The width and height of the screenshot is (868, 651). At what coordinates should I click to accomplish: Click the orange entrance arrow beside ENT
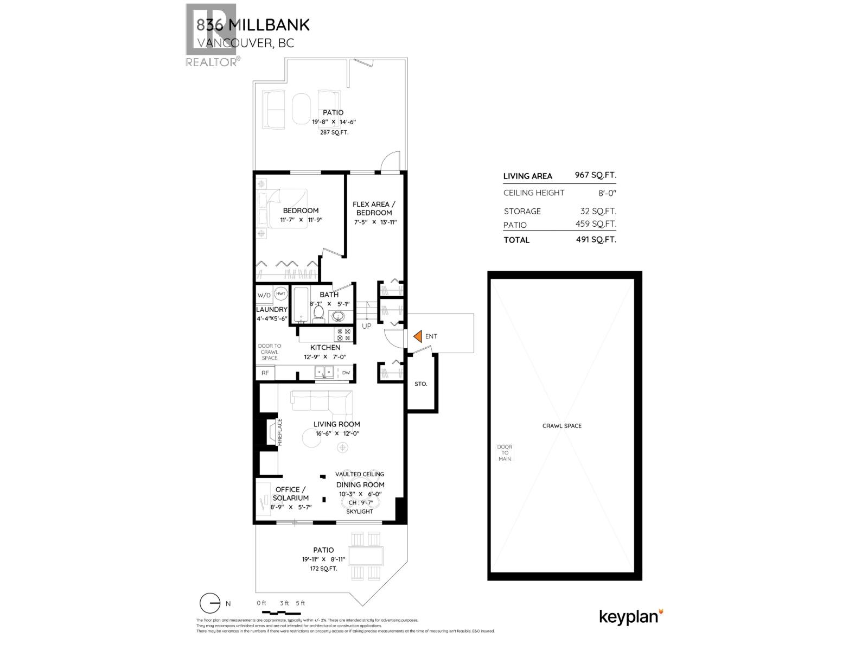[x=418, y=336]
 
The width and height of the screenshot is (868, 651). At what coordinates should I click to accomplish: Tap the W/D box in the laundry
[x=264, y=296]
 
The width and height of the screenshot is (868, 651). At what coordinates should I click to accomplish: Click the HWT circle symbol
[x=280, y=293]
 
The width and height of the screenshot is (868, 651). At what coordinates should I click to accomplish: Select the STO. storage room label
[x=420, y=384]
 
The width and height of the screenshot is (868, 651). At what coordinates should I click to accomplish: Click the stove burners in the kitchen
[x=343, y=334]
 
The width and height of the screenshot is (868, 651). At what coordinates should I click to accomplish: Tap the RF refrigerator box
[x=265, y=373]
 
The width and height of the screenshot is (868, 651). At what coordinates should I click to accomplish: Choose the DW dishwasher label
[x=346, y=373]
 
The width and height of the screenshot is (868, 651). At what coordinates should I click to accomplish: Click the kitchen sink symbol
[x=325, y=372]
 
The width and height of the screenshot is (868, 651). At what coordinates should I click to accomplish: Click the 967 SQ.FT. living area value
[x=595, y=175]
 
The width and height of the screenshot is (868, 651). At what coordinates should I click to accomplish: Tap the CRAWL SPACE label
[x=561, y=426]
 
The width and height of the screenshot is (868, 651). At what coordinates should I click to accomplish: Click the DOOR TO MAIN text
[x=505, y=453]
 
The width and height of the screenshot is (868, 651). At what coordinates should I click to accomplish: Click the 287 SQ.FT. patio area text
[x=333, y=132]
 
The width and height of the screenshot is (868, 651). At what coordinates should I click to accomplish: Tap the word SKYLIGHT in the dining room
[x=359, y=512]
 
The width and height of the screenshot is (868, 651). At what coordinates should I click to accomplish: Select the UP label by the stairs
[x=367, y=326]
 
